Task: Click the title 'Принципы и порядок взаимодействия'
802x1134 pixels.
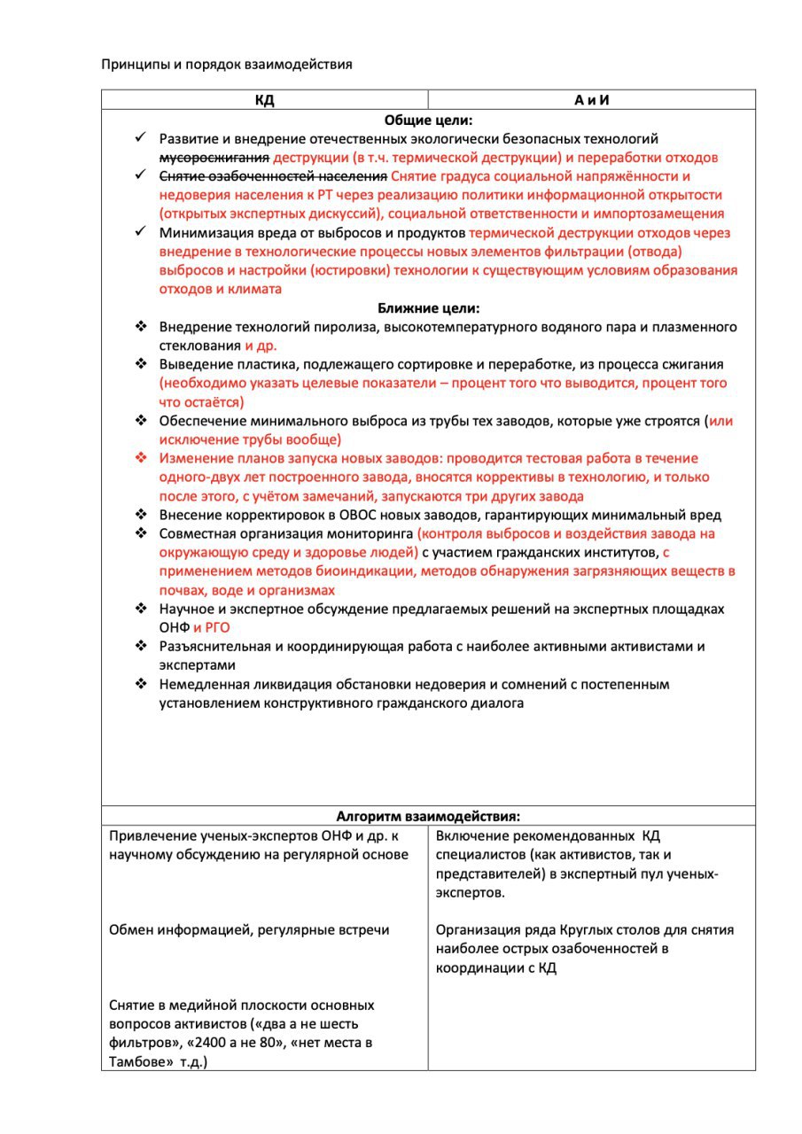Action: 227,64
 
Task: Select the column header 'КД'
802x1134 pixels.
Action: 264,100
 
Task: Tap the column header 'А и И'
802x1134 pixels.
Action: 591,100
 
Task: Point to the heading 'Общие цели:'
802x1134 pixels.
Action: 428,120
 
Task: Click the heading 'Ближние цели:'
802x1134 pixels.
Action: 428,308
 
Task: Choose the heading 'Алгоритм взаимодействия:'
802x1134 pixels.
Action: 428,816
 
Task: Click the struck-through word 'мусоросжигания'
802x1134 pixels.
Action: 214,158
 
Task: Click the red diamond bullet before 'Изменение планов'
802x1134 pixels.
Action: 140,458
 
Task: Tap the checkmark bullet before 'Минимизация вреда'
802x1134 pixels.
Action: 140,232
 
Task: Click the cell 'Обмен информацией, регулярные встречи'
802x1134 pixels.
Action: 249,930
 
